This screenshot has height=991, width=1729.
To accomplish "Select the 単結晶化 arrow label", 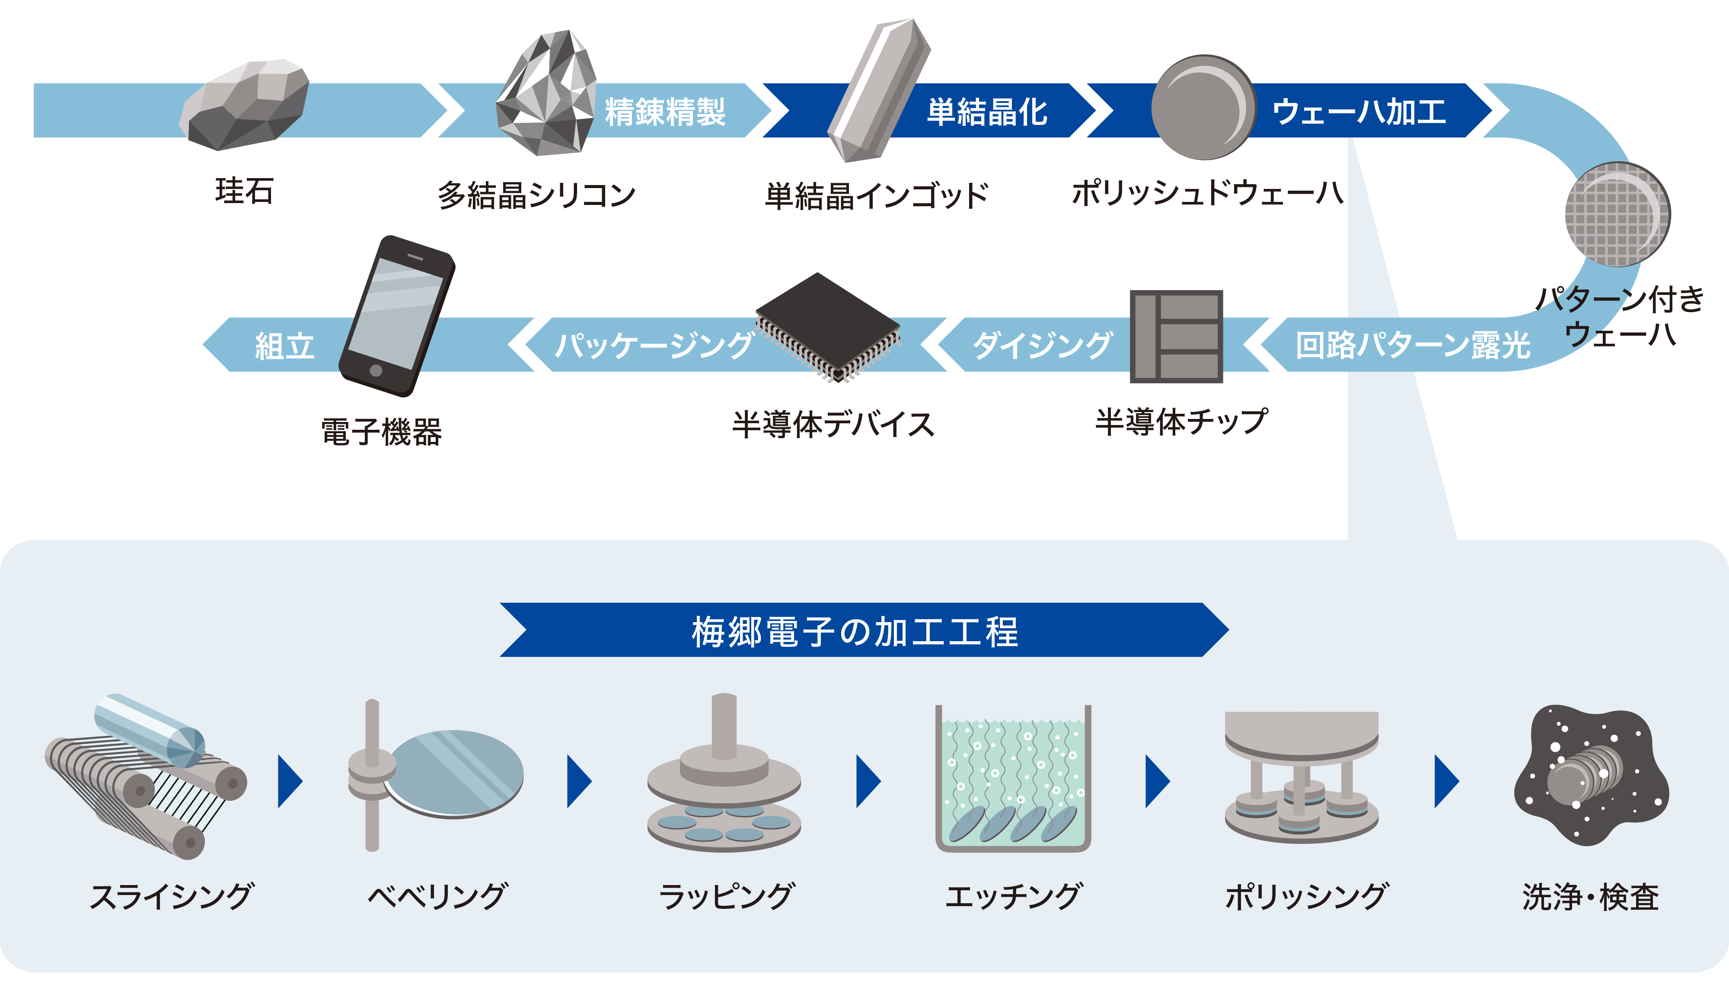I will (x=987, y=112).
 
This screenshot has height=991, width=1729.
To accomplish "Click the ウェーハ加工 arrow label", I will (x=1359, y=112).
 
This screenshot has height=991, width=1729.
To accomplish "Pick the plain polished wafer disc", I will (x=1203, y=108).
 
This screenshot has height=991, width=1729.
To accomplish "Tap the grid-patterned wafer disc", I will (x=1617, y=214).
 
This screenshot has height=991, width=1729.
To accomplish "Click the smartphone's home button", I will (x=376, y=370).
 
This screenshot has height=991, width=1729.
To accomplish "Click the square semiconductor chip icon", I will (x=1176, y=336).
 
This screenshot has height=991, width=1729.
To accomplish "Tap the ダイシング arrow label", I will (x=1043, y=345).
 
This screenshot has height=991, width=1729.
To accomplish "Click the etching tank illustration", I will (x=1013, y=779).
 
